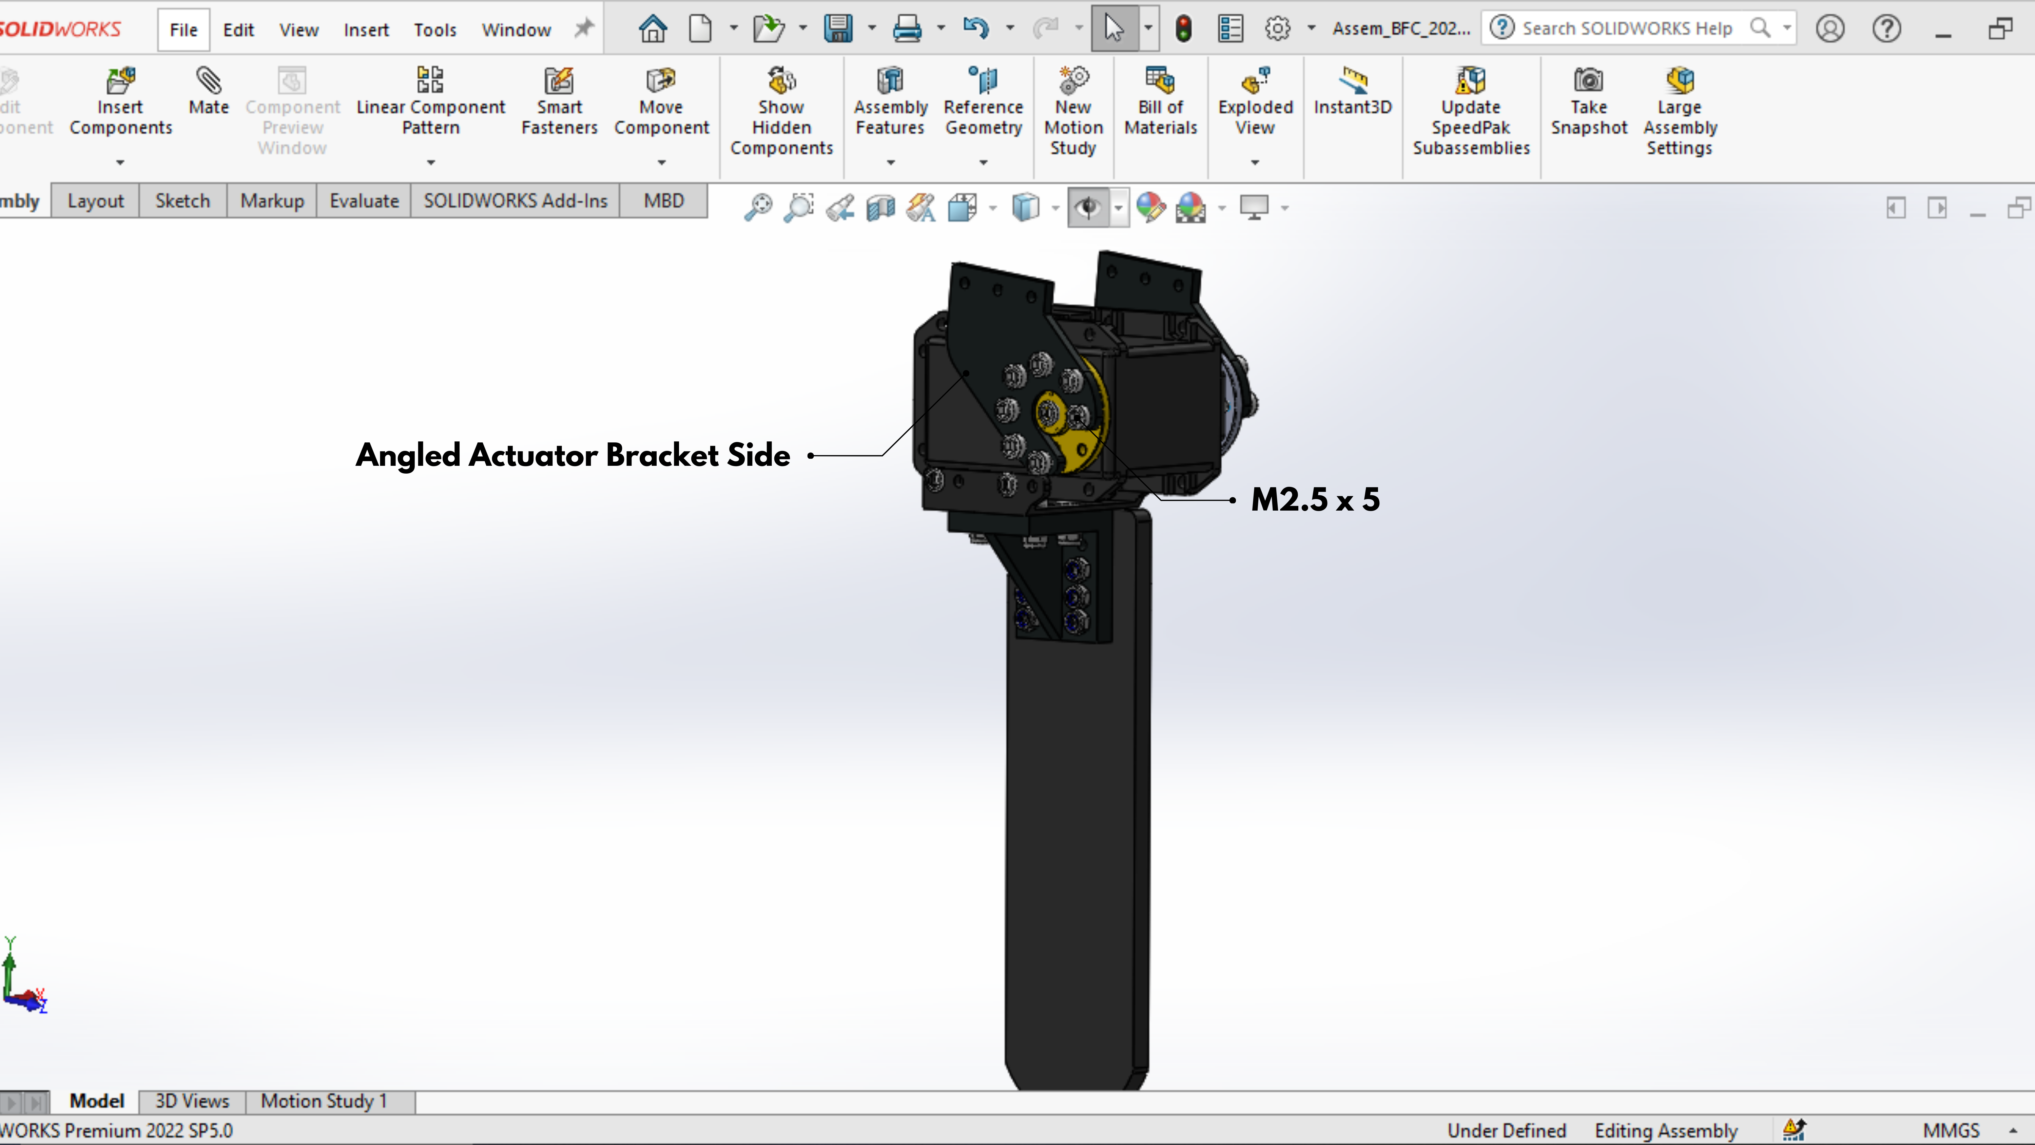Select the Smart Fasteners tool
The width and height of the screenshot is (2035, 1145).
(x=559, y=101)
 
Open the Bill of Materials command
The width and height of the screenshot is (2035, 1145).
(x=1161, y=101)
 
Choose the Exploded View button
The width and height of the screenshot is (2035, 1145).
(x=1255, y=101)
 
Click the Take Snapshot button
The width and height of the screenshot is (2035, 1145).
(x=1589, y=101)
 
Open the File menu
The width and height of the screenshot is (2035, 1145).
(x=183, y=30)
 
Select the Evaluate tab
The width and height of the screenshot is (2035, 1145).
(x=364, y=201)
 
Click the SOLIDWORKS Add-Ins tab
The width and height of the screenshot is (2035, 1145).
(x=515, y=201)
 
